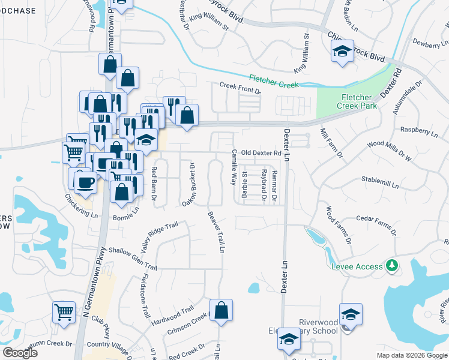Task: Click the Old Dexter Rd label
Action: point(261,153)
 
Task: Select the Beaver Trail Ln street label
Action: point(217,231)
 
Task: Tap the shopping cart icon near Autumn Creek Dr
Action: point(64,311)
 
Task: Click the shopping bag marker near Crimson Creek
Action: point(221,310)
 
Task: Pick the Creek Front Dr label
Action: point(240,88)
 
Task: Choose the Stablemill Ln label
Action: point(380,182)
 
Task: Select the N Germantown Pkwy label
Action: point(94,282)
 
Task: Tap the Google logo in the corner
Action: point(20,352)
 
